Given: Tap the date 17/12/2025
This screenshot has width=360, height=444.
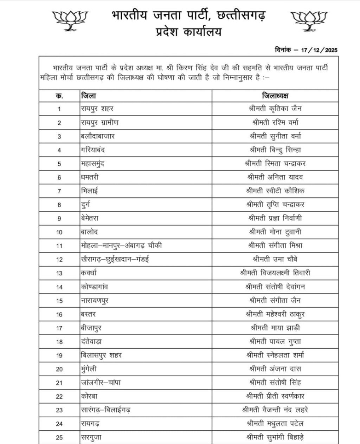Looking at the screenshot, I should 319,50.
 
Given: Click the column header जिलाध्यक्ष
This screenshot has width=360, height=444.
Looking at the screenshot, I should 275,96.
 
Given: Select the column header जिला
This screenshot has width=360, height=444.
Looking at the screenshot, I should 88,96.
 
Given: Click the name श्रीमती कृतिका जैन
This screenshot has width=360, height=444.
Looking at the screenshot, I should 275,109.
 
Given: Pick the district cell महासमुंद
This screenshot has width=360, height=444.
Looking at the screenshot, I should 92,164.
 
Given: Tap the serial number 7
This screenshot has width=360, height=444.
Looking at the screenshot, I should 59,191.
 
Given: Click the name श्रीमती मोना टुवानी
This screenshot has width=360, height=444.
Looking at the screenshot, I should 275,232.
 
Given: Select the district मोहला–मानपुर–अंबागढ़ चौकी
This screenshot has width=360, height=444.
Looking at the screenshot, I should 121,246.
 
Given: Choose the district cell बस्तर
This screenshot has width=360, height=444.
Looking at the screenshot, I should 88,314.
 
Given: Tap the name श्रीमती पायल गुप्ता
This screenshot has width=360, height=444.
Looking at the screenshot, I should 275,341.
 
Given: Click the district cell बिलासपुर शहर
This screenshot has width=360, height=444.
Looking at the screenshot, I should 101,355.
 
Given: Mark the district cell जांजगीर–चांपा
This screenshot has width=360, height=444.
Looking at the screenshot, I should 101,383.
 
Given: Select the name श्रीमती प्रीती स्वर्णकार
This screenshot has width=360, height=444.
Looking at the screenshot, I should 275,396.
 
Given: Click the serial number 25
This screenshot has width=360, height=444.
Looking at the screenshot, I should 59,438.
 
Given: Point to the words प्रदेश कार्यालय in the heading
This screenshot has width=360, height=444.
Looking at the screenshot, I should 189,32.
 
